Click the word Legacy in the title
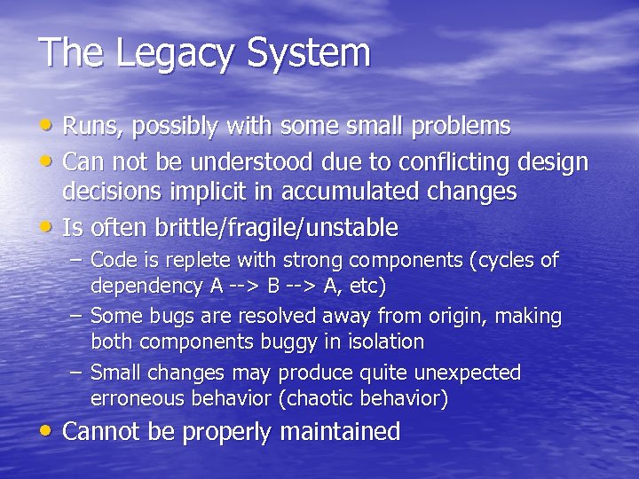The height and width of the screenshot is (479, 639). tap(168, 54)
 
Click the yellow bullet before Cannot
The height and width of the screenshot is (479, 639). tap(47, 431)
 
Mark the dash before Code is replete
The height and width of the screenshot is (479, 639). tap(77, 260)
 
